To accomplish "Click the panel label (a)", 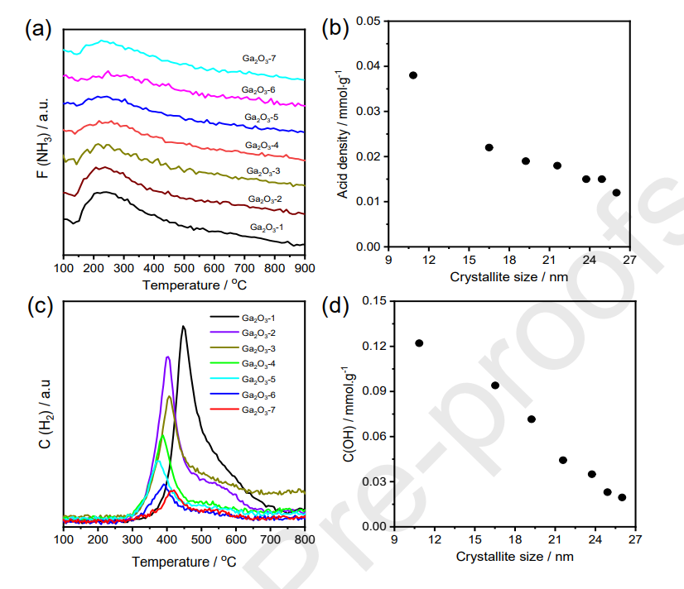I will point(39,31).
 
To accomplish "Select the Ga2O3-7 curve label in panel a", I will point(258,60).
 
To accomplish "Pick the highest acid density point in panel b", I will point(413,75).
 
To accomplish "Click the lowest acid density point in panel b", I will point(616,193).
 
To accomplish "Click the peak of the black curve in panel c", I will point(183,326).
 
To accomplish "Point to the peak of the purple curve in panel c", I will point(168,357).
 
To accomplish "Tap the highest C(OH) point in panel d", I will point(419,343).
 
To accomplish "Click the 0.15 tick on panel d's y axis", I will point(376,301).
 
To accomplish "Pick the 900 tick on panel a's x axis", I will point(305,267).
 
